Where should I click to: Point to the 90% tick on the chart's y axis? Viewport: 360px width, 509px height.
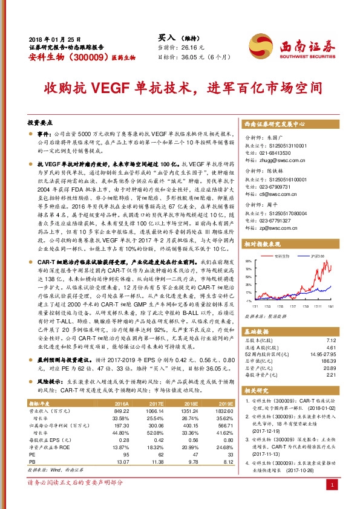(248, 262)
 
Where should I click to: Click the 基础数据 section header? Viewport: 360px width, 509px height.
(257, 333)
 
